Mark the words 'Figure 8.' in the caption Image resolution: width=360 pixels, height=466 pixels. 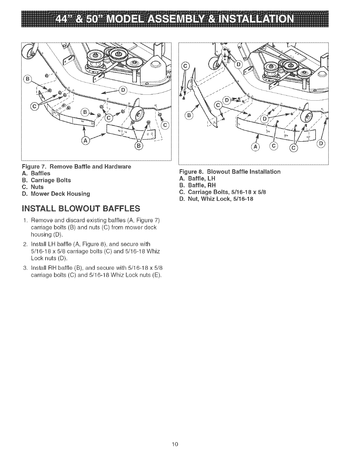tap(190, 172)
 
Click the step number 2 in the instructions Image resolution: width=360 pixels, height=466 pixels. tap(25, 244)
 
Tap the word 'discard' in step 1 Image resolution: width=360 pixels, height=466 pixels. tap(67, 221)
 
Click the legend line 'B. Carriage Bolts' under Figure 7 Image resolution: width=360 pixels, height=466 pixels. tap(51, 180)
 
